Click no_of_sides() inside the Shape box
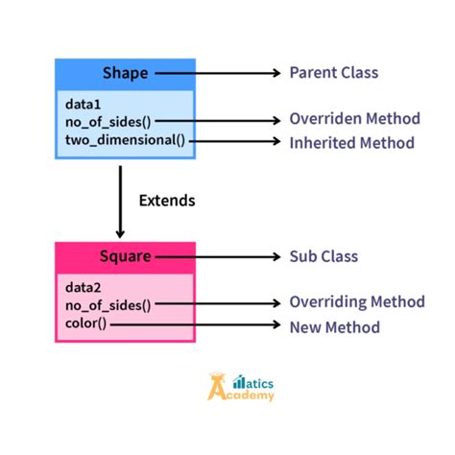pyautogui.click(x=108, y=122)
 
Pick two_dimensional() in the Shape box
pyautogui.click(x=125, y=141)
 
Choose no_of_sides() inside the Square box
pyautogui.click(x=108, y=305)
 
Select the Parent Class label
pyautogui.click(x=334, y=73)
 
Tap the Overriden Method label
pyautogui.click(x=354, y=119)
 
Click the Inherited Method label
pyautogui.click(x=351, y=142)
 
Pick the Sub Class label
pyautogui.click(x=323, y=256)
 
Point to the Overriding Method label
pyautogui.click(x=356, y=302)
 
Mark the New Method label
pyautogui.click(x=335, y=326)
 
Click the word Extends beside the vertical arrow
pyautogui.click(x=167, y=201)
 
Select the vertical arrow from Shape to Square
pyautogui.click(x=120, y=202)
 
